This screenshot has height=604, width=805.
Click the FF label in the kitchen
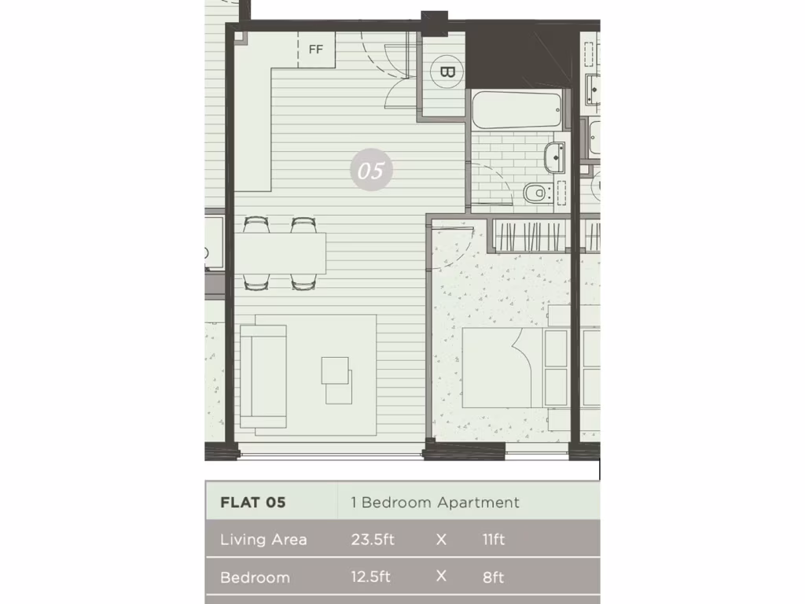tap(316, 50)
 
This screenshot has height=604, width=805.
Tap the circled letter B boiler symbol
tap(447, 72)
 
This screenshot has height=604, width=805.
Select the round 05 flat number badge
tap(371, 170)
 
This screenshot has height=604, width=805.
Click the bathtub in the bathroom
tap(516, 112)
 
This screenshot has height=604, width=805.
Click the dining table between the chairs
tap(281, 253)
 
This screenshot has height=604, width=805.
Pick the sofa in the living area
tap(263, 375)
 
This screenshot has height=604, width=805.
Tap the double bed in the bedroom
tap(507, 368)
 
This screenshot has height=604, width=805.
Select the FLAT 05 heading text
tap(253, 502)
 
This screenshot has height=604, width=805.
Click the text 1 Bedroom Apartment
tap(435, 502)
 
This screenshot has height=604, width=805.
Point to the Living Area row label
tap(263, 540)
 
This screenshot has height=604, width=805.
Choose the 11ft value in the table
tap(494, 540)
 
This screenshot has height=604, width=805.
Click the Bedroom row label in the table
tap(255, 577)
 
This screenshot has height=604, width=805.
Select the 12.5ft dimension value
tap(371, 577)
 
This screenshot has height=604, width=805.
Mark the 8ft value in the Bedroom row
tap(493, 577)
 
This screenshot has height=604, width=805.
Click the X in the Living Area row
tap(441, 540)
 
